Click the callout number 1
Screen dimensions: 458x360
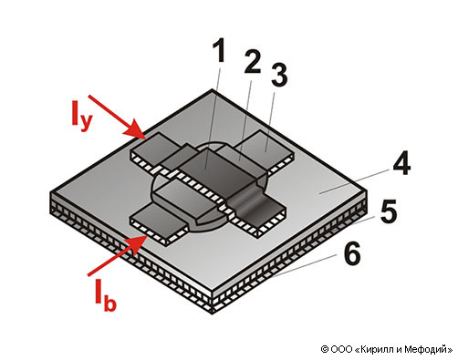(220, 50)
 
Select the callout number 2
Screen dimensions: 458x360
(253, 62)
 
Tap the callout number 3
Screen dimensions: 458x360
(279, 75)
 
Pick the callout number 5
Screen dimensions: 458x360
(389, 211)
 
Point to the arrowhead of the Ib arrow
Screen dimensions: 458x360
(136, 244)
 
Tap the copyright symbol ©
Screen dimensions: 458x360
(325, 349)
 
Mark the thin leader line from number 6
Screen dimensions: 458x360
(305, 266)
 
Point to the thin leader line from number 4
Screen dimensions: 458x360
(353, 181)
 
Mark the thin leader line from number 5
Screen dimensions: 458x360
(365, 221)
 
